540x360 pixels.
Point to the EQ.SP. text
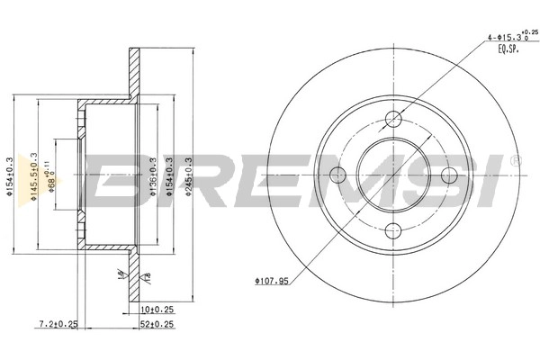510,50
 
